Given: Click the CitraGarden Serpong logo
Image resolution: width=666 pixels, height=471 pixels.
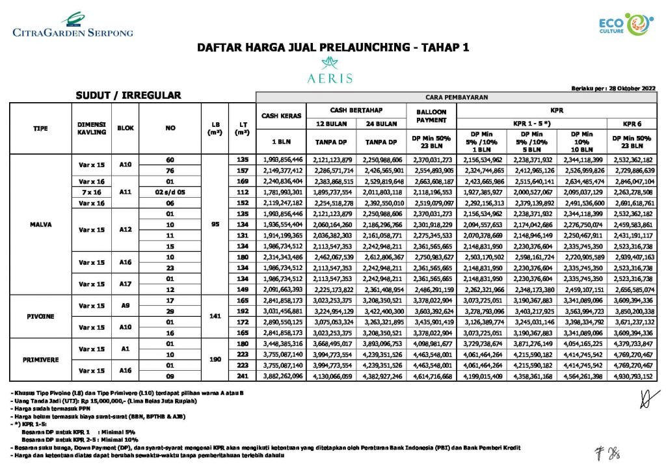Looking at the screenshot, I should (72, 25).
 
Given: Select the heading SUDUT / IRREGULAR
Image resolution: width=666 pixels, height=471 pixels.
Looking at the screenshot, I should (128, 96).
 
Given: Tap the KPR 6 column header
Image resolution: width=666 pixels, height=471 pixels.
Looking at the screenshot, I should (635, 122).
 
